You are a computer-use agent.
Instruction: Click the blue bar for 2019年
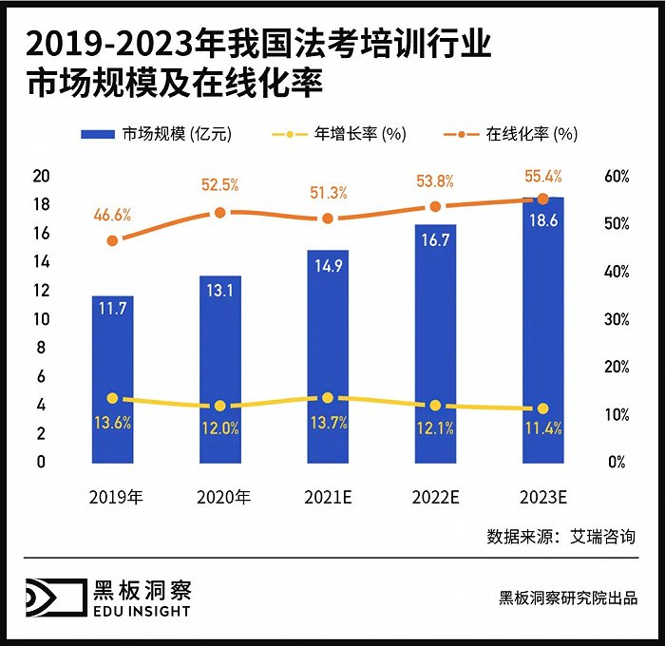[112, 380]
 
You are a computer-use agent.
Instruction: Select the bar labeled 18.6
[542, 332]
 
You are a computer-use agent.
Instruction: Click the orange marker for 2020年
[220, 213]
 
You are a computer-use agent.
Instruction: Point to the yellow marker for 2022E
[435, 406]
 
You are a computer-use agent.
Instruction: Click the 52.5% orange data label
[219, 185]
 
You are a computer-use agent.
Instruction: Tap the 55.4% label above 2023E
[542, 176]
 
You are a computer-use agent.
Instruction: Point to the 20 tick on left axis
[41, 176]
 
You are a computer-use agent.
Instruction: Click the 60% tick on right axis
[617, 176]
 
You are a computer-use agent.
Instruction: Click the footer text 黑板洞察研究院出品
[567, 598]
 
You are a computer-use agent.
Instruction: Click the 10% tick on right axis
[617, 415]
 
